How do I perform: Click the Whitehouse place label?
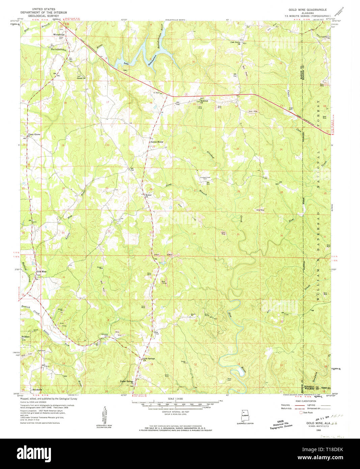[x=58, y=35]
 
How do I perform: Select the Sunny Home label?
[x=157, y=142]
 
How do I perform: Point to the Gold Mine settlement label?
[x=41, y=272]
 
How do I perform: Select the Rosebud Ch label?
[x=204, y=101]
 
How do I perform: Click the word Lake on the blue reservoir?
[x=126, y=63]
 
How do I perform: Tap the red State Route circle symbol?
[x=301, y=412]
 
